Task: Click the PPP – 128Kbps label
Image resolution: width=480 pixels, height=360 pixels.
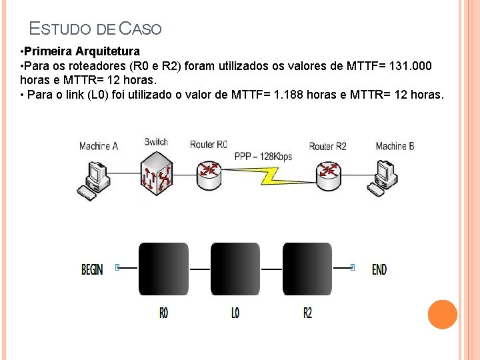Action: pos(263,157)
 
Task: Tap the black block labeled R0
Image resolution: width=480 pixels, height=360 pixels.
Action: pos(163,269)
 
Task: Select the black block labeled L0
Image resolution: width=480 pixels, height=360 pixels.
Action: pos(235,269)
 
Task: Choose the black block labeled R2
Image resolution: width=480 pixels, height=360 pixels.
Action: pos(307,269)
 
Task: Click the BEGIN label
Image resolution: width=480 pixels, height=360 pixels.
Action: pos(92,270)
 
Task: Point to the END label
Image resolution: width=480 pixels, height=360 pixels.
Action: pos(379,269)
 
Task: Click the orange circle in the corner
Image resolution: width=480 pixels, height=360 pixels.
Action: pos(443,314)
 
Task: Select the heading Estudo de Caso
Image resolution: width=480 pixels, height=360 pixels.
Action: pos(95,29)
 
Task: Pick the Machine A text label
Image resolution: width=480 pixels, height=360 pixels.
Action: pos(98,146)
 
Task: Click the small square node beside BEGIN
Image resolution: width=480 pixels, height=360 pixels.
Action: pos(118,268)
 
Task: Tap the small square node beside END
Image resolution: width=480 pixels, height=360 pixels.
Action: pos(353,268)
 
